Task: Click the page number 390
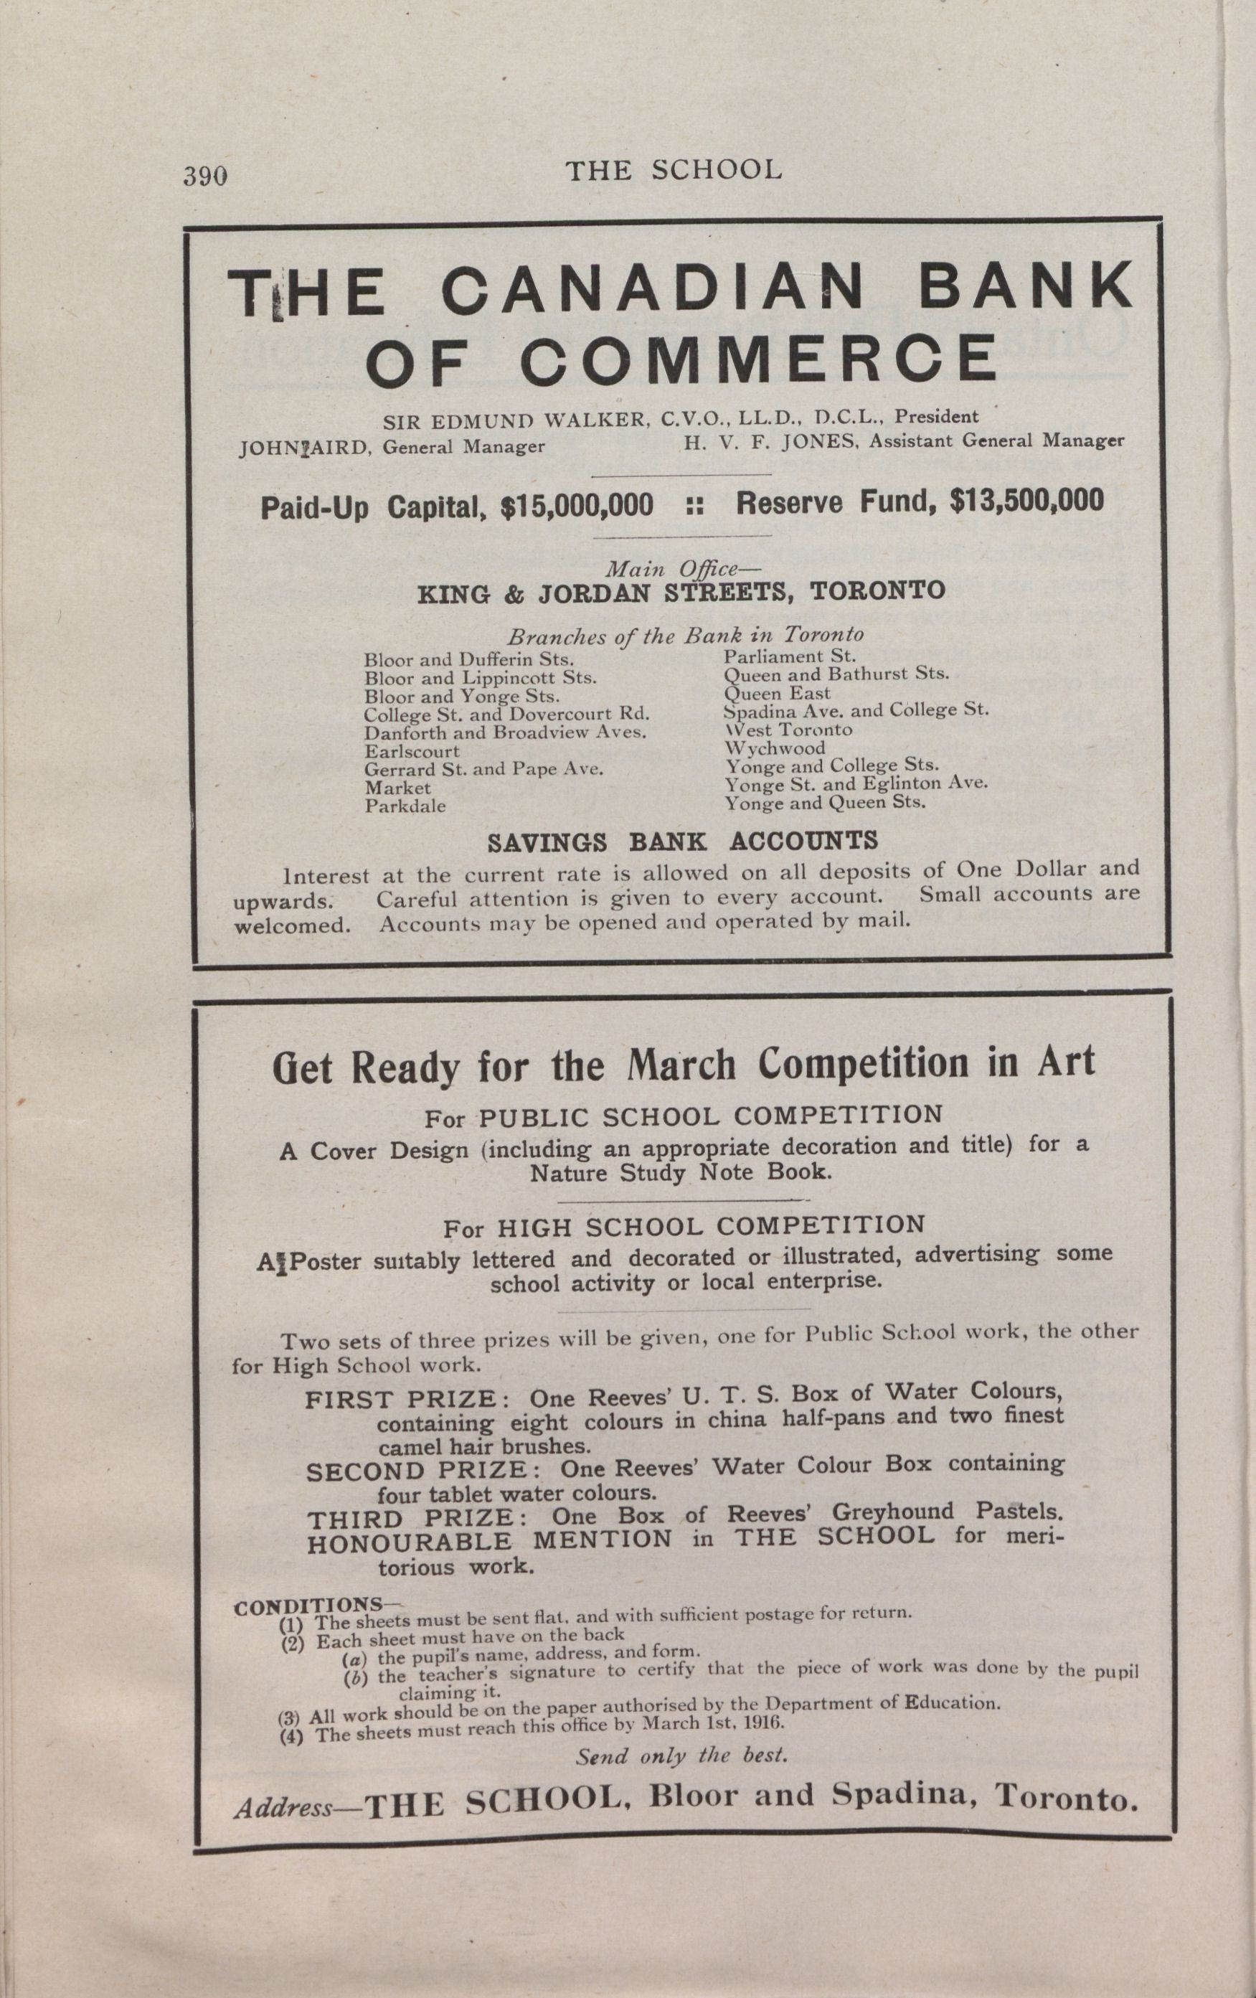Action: pos(205,176)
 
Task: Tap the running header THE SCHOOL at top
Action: pos(673,171)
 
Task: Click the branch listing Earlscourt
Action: pos(412,752)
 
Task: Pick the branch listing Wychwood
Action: pos(775,748)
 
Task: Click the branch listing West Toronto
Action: pos(788,730)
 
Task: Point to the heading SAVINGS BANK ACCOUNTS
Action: pos(682,842)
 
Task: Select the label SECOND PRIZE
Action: pos(417,1471)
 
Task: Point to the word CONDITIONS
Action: pos(308,1605)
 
